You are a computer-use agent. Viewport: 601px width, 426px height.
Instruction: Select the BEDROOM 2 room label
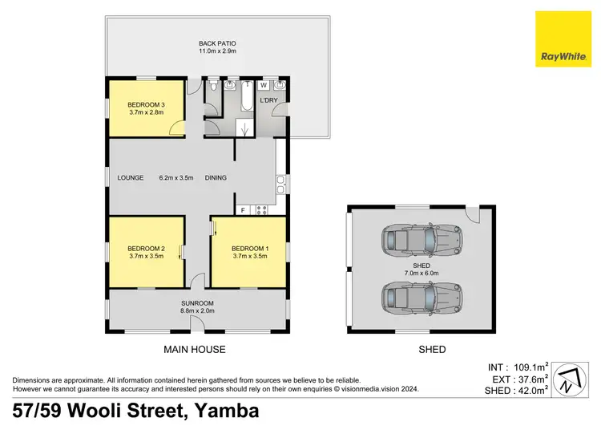point(146,253)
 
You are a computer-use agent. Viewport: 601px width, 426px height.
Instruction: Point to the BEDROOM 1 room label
point(249,253)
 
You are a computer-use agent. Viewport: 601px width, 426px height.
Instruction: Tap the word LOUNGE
point(130,178)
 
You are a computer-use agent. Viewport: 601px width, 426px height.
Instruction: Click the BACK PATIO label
point(217,47)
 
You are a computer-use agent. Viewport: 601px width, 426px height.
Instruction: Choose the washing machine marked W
point(264,84)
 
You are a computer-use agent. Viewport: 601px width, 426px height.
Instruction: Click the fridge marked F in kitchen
point(243,210)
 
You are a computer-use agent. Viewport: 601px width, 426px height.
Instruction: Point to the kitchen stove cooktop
point(260,210)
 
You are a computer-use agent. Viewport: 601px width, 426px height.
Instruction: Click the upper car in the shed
point(421,238)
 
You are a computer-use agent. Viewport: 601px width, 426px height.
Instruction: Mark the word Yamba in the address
point(225,411)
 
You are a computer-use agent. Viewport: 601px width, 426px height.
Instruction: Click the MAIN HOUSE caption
point(196,349)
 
